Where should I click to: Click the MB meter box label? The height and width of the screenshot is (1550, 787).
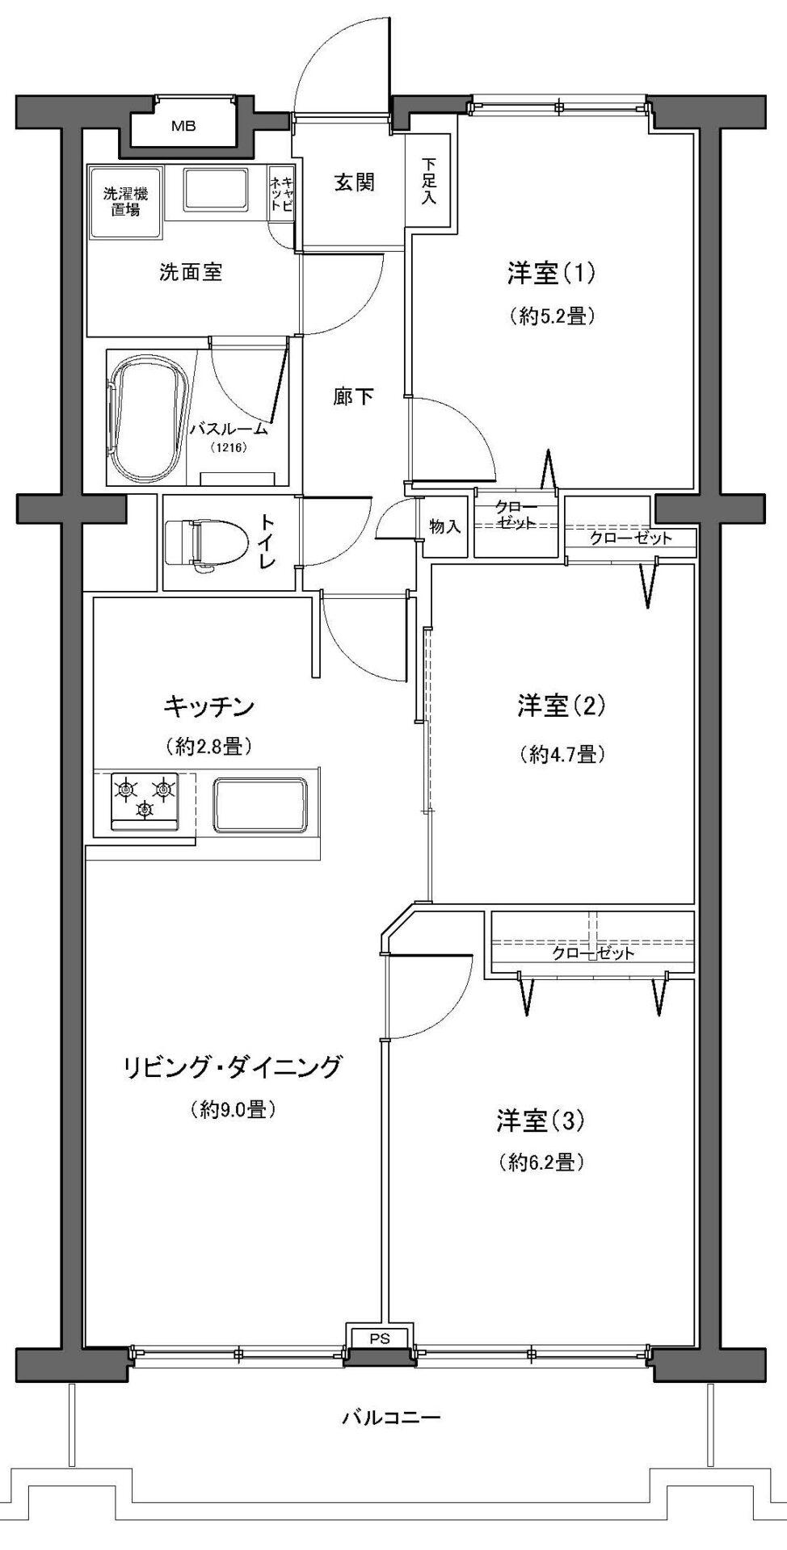[183, 126]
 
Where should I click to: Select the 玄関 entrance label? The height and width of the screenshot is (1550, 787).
[355, 182]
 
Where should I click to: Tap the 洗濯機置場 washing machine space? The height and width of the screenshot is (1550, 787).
[126, 202]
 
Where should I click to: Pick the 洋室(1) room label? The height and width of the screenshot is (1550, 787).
[550, 274]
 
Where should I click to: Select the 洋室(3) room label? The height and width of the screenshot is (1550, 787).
[540, 1121]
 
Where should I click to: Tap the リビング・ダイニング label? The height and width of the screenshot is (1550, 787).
[233, 1067]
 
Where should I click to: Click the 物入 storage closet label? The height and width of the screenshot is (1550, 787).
[445, 527]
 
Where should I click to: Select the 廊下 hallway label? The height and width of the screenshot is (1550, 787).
[355, 396]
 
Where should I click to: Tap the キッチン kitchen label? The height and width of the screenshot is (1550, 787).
[209, 707]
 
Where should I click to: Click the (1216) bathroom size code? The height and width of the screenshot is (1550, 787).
[229, 447]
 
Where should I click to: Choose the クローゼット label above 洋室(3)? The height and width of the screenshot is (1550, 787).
[594, 953]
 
